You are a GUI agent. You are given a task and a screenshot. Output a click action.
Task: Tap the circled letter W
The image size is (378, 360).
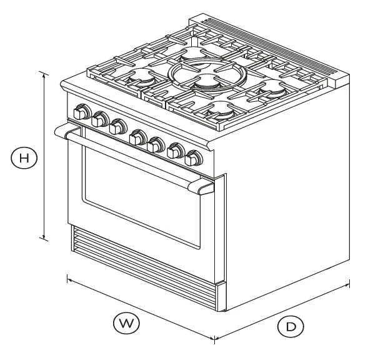coord(127,323)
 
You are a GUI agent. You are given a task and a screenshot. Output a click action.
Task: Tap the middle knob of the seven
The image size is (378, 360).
coord(137,136)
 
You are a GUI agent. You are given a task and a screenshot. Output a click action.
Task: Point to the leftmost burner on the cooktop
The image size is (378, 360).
coord(142,77)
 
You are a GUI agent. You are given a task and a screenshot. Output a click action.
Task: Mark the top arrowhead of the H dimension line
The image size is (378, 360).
coord(44,73)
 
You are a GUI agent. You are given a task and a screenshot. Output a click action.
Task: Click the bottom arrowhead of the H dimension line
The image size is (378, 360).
coord(44,239)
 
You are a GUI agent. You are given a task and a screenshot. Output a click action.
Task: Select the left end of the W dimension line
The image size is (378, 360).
coord(67,277)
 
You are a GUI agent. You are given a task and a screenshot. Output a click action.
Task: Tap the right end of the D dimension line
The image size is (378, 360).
coord(349,285)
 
